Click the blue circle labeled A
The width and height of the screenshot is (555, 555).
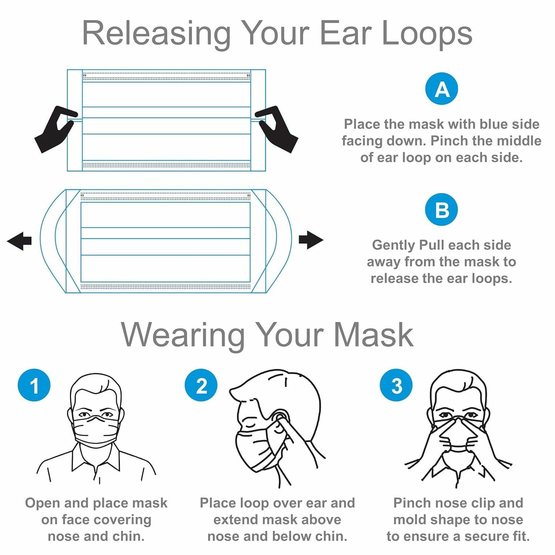(442, 89)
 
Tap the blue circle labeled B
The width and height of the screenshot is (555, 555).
(441, 210)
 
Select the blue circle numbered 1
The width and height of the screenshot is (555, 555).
(34, 385)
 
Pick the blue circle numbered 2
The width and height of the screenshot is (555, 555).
(201, 385)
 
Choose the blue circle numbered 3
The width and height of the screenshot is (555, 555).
(396, 385)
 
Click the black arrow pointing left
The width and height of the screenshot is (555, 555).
(20, 241)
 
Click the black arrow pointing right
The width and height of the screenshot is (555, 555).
(310, 240)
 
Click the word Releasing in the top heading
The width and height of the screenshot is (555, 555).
(156, 34)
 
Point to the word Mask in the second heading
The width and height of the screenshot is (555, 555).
(373, 335)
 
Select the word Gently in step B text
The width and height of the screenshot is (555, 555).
(394, 245)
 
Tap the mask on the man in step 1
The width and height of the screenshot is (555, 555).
(95, 432)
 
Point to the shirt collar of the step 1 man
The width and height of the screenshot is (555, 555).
(96, 461)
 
